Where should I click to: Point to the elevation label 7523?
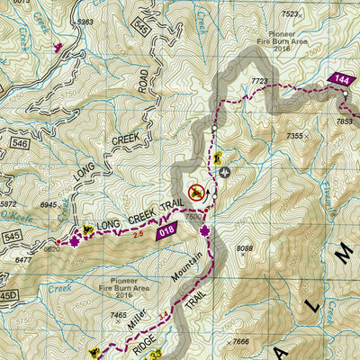289,13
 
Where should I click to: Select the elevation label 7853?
345,121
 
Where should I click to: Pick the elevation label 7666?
240,341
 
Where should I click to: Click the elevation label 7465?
118,315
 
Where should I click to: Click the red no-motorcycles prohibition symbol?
194,191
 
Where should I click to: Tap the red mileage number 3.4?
163,317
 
